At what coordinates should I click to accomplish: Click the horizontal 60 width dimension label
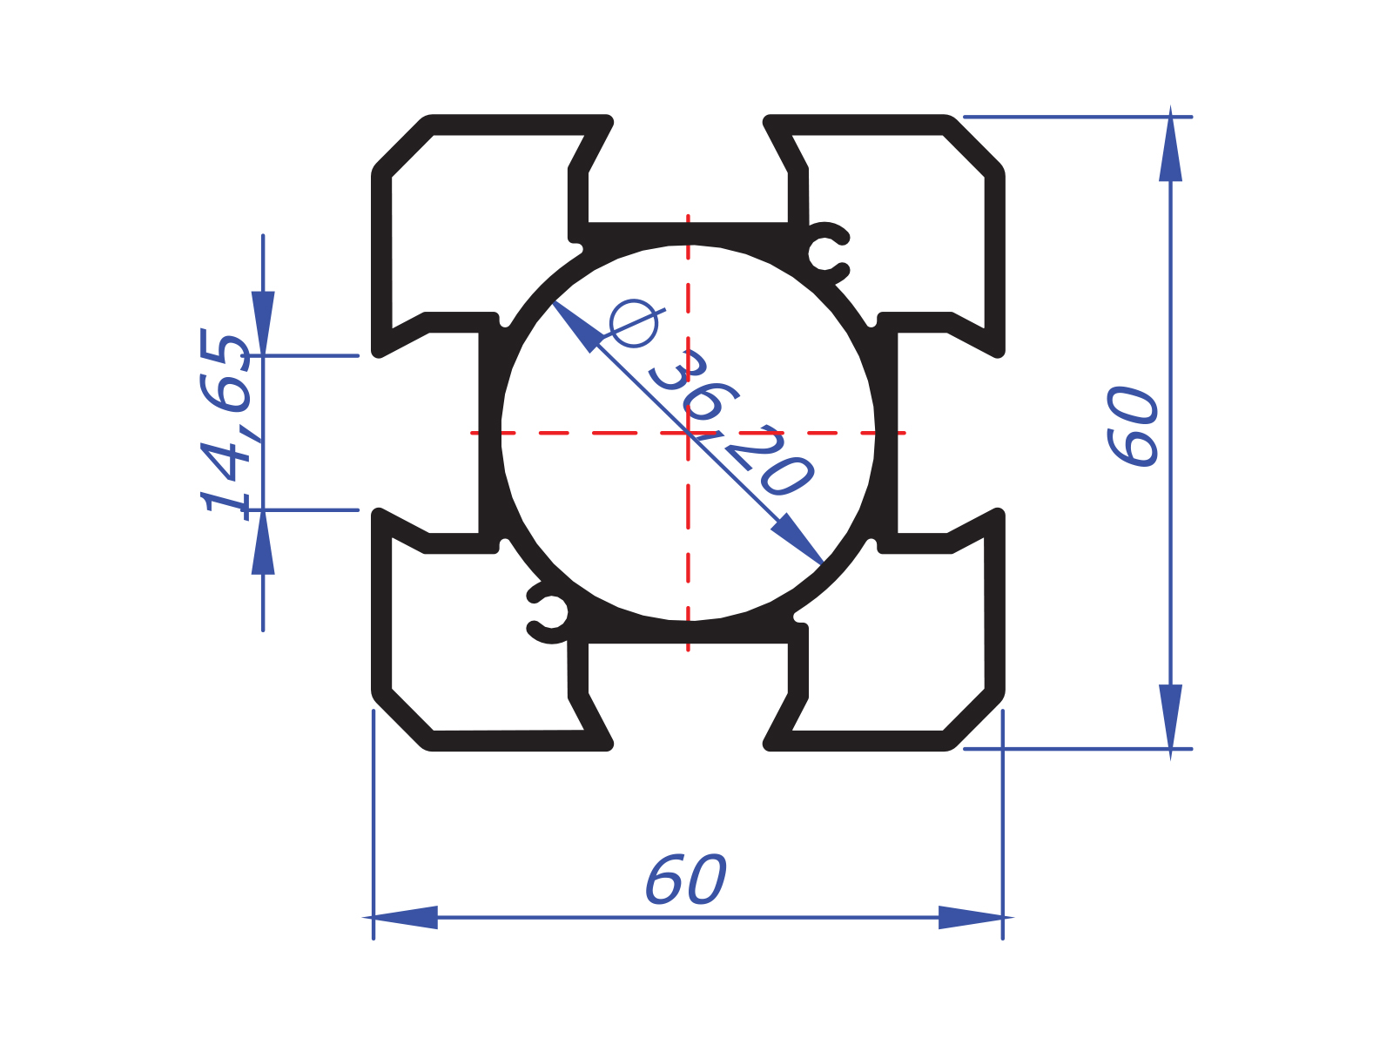point(685,880)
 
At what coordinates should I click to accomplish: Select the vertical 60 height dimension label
point(1133,427)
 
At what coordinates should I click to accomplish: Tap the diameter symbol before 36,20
point(634,323)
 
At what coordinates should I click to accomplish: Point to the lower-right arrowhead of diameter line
point(799,540)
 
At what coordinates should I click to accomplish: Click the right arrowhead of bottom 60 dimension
point(972,917)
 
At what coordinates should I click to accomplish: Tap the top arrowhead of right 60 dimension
point(1170,148)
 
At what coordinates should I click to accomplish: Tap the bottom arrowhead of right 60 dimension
point(1170,716)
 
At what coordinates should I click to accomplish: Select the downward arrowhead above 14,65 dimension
point(263,322)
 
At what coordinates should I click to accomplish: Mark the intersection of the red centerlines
point(688,432)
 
